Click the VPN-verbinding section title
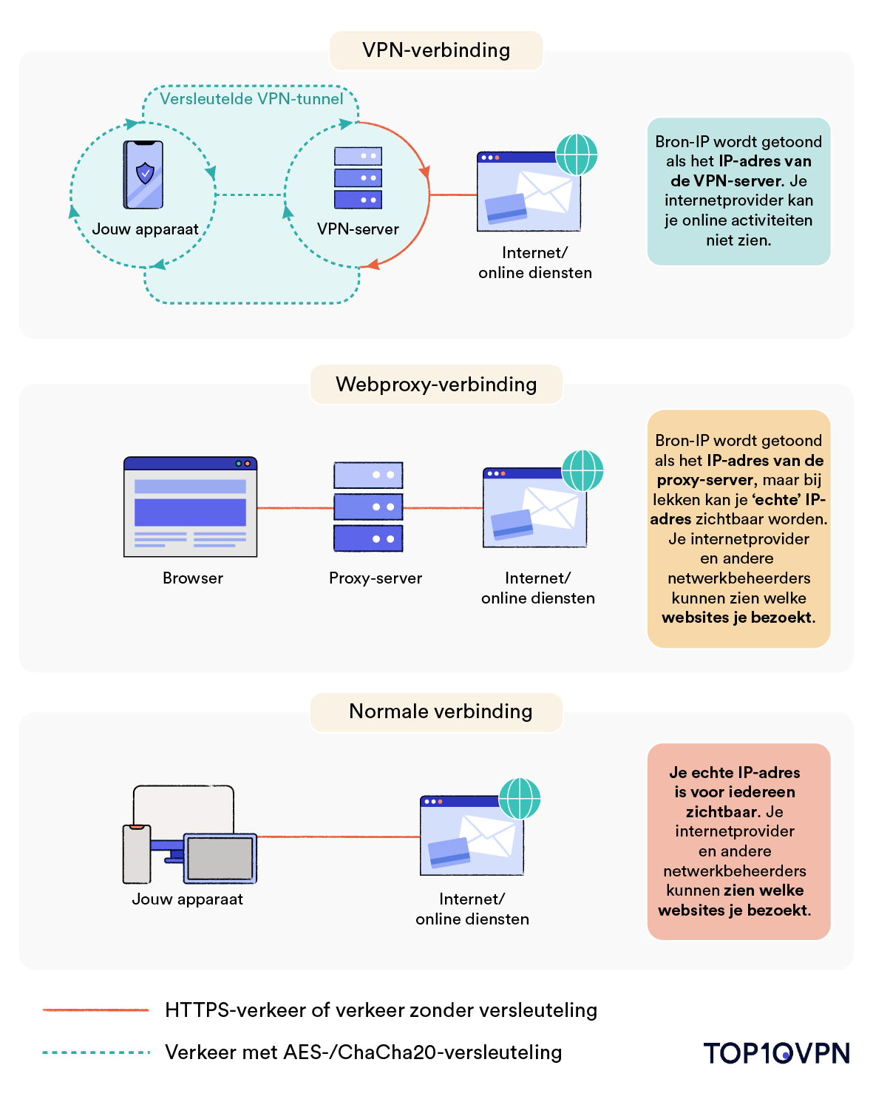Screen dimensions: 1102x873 click(x=436, y=50)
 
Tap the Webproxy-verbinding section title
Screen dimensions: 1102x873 click(x=436, y=385)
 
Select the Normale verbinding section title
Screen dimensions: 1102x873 click(x=440, y=711)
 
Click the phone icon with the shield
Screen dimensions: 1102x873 click(x=143, y=175)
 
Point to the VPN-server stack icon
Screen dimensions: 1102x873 click(x=358, y=178)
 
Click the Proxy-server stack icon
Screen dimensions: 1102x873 click(x=368, y=507)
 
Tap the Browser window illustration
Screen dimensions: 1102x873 click(x=191, y=507)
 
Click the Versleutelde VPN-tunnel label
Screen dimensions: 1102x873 click(x=251, y=99)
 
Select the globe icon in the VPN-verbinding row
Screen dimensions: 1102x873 click(x=576, y=155)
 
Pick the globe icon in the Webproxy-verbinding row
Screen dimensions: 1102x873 click(x=582, y=470)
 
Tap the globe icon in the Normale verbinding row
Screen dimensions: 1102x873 click(x=520, y=799)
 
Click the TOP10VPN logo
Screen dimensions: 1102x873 click(x=776, y=1053)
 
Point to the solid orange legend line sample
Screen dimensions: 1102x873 click(x=96, y=1010)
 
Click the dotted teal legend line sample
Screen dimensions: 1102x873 click(x=96, y=1052)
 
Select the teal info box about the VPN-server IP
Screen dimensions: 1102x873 click(x=738, y=191)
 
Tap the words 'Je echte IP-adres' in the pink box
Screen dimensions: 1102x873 click(x=734, y=773)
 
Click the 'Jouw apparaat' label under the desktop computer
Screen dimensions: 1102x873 click(x=187, y=899)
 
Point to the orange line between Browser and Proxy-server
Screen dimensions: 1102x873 click(x=295, y=508)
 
